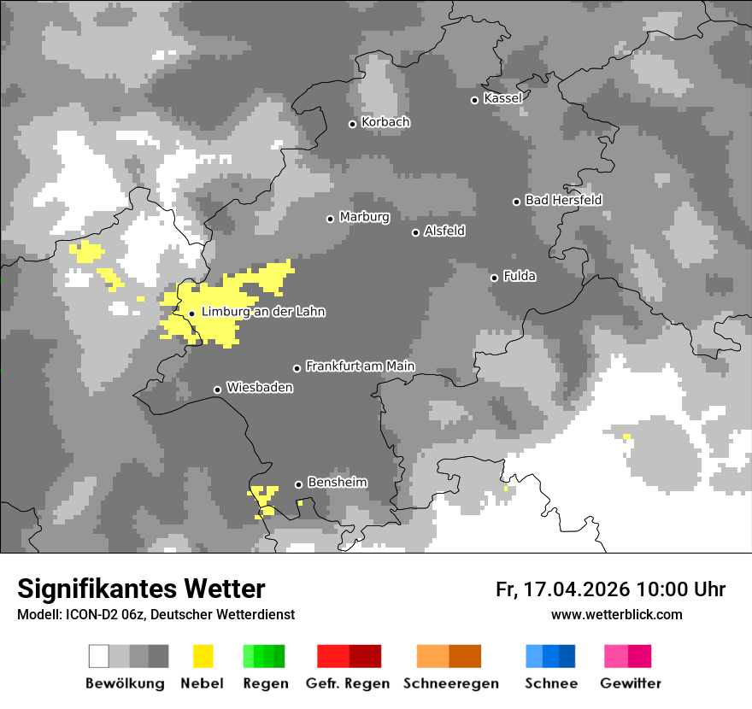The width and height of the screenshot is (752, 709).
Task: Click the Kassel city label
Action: pyautogui.click(x=502, y=98)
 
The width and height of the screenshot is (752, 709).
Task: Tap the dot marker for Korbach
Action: pyautogui.click(x=352, y=124)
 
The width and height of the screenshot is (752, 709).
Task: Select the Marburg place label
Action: pyautogui.click(x=364, y=217)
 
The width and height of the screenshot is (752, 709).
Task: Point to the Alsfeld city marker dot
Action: pyautogui.click(x=416, y=232)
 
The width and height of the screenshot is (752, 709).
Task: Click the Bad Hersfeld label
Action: pyautogui.click(x=563, y=200)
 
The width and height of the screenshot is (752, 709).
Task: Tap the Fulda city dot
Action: pyautogui.click(x=494, y=278)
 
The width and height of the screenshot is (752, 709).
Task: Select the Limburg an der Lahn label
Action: pyautogui.click(x=262, y=312)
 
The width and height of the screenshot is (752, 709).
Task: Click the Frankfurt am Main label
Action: pyautogui.click(x=360, y=366)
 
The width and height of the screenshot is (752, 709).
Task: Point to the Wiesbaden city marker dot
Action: pyautogui.click(x=218, y=390)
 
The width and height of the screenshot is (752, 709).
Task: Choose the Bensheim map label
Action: pyautogui.click(x=337, y=483)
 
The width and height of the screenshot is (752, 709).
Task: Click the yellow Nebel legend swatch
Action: pyautogui.click(x=203, y=656)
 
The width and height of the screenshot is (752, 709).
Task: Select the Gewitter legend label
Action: pyautogui.click(x=630, y=683)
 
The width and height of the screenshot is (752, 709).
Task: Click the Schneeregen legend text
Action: pyautogui.click(x=450, y=683)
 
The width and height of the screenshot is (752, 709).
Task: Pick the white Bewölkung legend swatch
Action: pyautogui.click(x=98, y=656)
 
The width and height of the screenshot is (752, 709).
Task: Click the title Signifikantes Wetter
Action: pyautogui.click(x=141, y=589)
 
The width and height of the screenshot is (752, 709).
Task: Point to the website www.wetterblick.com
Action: pyautogui.click(x=616, y=614)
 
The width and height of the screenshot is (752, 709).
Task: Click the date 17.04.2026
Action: pyautogui.click(x=575, y=589)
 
